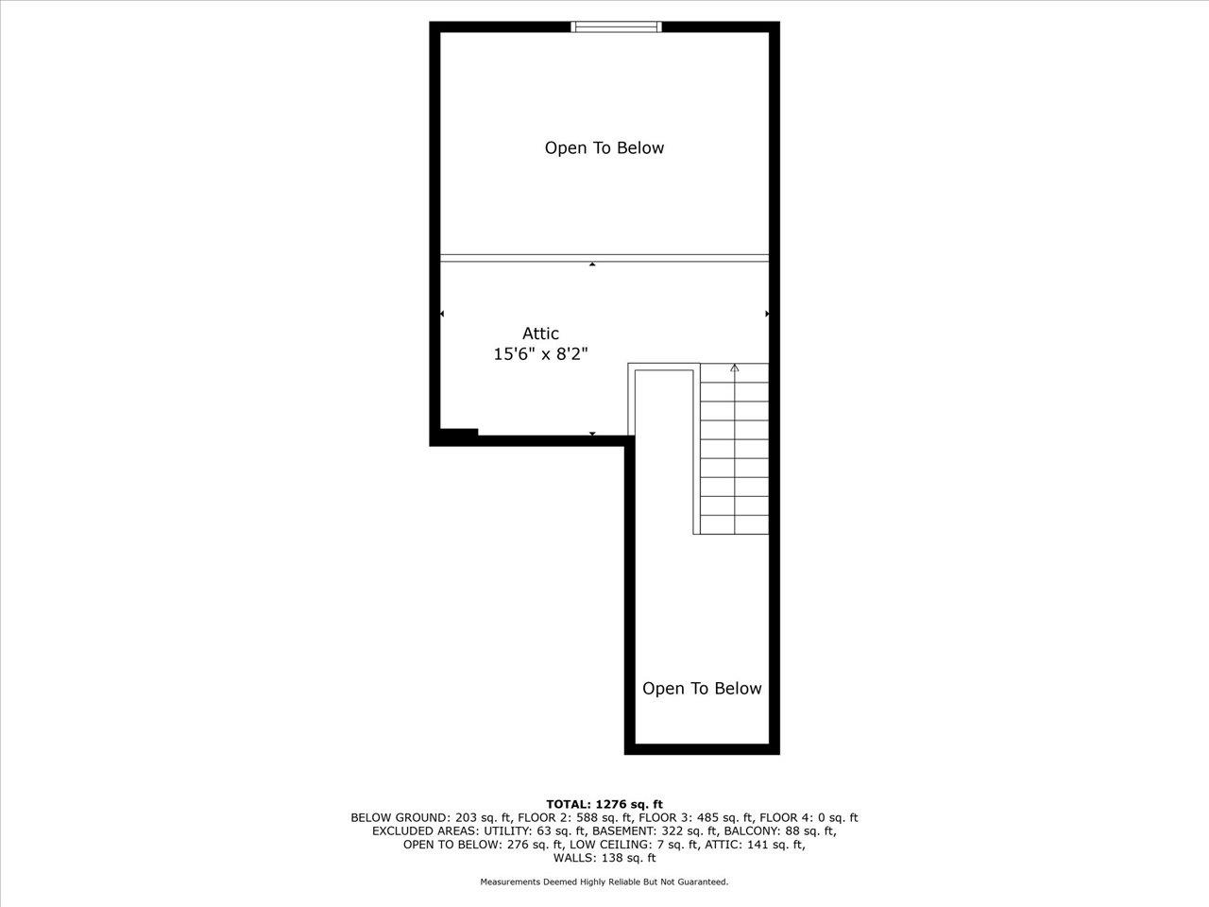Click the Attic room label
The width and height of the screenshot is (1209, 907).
540,334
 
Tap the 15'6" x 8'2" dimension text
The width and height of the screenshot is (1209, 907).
540,354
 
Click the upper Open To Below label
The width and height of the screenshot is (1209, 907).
604,148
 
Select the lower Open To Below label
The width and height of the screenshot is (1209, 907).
701,689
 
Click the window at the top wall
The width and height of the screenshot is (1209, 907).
617,26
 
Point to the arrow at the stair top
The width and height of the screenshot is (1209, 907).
735,368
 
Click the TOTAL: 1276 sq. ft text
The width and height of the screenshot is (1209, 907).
604,804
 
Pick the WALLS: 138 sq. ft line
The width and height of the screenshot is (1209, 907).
604,858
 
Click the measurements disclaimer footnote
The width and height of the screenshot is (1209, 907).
604,882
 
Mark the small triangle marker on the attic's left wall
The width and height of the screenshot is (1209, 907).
442,314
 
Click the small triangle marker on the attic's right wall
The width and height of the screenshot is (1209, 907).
767,314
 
